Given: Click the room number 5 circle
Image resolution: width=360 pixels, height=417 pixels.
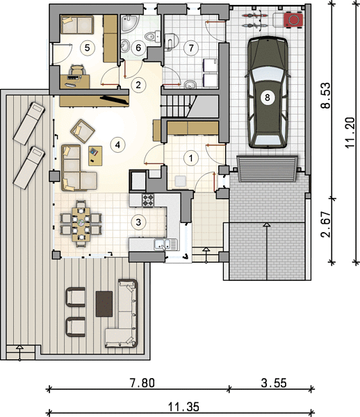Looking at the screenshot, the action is click(87, 48).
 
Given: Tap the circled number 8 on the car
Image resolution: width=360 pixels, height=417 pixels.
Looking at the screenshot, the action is click(267, 97).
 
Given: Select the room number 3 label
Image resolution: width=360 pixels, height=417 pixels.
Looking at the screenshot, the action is click(138, 222).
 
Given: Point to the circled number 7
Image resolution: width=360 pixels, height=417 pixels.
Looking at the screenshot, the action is click(191, 48).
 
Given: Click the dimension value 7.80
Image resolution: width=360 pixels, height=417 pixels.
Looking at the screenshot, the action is click(142, 383).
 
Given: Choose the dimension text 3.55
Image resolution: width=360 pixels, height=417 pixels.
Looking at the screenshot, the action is click(274, 383).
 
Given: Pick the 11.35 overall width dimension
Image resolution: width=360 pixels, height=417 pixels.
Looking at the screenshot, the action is click(183, 407).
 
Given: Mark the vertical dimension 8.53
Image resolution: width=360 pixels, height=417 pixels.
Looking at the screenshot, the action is click(326, 95).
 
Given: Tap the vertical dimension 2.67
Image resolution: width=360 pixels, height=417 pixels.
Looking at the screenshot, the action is click(326, 224).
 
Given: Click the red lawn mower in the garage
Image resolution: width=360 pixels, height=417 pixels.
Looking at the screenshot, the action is click(293, 20).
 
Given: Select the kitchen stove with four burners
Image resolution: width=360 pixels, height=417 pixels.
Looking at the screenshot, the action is click(148, 200).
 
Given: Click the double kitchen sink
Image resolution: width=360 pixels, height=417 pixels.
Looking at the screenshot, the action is click(163, 245).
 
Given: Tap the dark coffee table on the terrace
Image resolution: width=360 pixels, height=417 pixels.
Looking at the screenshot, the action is click(104, 304).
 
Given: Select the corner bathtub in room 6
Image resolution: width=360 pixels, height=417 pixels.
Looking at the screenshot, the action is click(129, 24).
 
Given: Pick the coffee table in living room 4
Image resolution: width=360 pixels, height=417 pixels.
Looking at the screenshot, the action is click(95, 156).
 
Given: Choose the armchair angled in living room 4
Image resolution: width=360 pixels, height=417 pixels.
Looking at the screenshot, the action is click(83, 131).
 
